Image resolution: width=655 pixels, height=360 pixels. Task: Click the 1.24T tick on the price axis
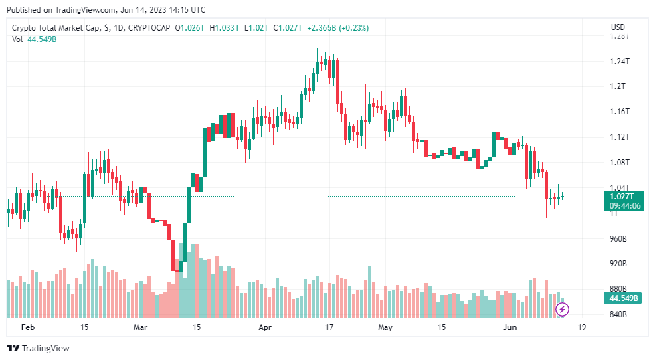coord(619,62)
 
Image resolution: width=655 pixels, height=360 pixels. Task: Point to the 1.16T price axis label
coord(619,112)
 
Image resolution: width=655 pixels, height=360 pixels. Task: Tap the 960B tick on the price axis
coord(619,239)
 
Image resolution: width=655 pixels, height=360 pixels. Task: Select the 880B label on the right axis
coord(619,289)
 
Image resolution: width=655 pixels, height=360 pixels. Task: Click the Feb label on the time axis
coord(27,327)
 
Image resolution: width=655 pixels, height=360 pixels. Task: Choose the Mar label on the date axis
coord(140,327)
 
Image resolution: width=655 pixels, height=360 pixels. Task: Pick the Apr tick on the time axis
coord(266,327)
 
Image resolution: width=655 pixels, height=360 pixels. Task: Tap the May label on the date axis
coord(385,327)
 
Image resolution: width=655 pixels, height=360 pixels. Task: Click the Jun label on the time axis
coord(510,327)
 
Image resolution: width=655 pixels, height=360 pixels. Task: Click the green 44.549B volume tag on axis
coord(623,298)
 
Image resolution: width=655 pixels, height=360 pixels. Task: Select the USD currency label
coord(618,27)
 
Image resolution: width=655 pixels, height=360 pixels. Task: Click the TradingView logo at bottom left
coord(38,348)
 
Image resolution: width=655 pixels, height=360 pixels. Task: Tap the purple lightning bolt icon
coord(563,308)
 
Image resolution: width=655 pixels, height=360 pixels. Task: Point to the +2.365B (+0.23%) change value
coord(338,28)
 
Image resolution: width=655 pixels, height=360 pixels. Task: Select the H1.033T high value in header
coord(224,28)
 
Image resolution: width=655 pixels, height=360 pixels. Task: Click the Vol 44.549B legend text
coord(34,39)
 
